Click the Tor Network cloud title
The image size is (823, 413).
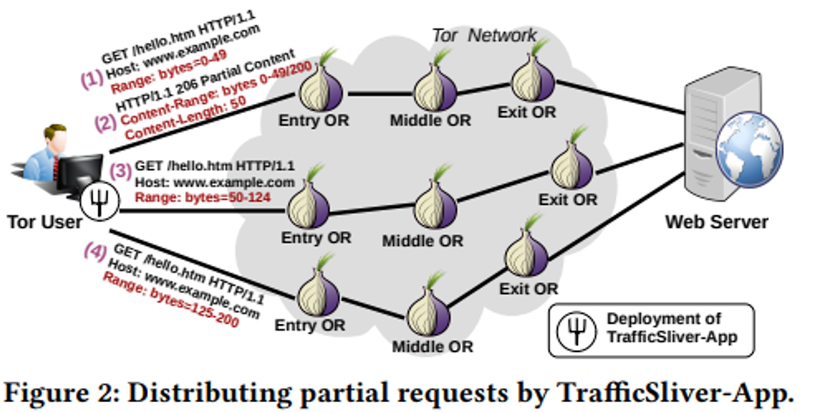484,35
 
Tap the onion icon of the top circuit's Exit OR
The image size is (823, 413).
533,79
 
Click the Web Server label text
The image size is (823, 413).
716,222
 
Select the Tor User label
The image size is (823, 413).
45,222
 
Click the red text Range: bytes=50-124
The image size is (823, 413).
203,196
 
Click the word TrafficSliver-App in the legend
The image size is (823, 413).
673,337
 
